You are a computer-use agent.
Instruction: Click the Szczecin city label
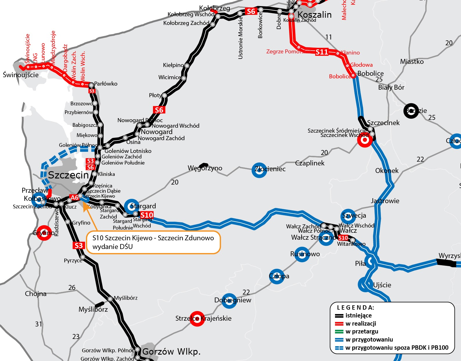69,175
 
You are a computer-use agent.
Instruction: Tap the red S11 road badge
322,52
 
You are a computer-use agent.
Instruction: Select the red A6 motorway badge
74,198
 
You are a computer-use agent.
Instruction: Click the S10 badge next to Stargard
147,215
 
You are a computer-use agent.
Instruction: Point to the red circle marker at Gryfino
44,233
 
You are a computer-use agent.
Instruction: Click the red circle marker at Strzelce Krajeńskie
197,319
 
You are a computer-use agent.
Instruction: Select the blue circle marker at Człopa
277,276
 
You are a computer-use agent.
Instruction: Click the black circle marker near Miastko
411,111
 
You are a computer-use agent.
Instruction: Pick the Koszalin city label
314,15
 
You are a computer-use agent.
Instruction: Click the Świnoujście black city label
21,75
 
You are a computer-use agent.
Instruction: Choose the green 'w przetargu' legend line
339,331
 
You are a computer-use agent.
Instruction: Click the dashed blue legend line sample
339,348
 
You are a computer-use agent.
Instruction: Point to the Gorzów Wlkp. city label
171,351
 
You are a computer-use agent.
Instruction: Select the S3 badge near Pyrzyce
79,246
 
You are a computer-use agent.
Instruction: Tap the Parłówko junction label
106,84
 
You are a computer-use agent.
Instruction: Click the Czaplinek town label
310,163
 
